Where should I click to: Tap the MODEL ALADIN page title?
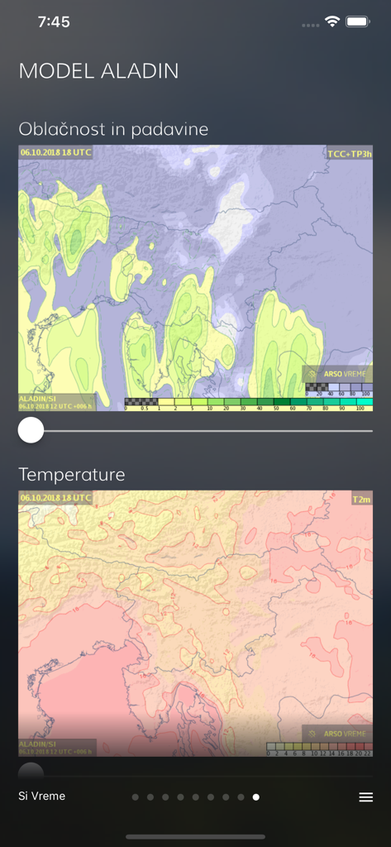tap(98, 71)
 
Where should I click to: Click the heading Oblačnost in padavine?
tap(113, 129)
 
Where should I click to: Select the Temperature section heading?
tap(72, 475)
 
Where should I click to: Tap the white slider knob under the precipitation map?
tap(31, 430)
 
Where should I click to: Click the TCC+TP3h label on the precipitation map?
tap(349, 154)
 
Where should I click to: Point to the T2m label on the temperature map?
tap(361, 499)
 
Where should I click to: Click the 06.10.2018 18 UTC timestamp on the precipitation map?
tap(56, 152)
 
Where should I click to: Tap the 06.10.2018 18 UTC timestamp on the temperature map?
tap(56, 498)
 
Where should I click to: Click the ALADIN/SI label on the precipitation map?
tap(37, 399)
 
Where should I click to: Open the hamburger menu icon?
tap(365, 797)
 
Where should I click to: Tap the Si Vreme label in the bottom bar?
tap(42, 797)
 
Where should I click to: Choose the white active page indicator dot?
tap(256, 797)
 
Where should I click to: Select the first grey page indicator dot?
tap(136, 797)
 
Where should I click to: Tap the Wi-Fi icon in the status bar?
tap(332, 22)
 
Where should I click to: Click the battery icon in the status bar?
tap(358, 22)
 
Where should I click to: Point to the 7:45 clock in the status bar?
tap(54, 22)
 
